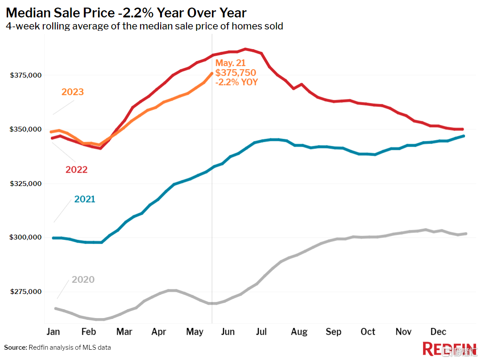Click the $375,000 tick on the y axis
point(26,75)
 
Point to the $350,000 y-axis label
point(26,129)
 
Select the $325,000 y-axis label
point(26,184)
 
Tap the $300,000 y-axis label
point(26,237)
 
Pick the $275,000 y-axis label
point(26,292)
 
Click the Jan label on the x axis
point(53,332)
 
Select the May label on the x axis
point(195,332)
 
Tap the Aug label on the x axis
point(299,332)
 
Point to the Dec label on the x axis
point(439,332)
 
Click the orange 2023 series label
point(73,92)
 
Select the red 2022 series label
point(76,170)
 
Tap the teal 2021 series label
point(85,199)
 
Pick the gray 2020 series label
point(83,280)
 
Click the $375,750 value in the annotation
point(236,73)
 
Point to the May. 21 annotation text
point(230,63)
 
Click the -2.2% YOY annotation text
point(236,82)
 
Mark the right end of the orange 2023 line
point(211,73)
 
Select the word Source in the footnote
point(15,347)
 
